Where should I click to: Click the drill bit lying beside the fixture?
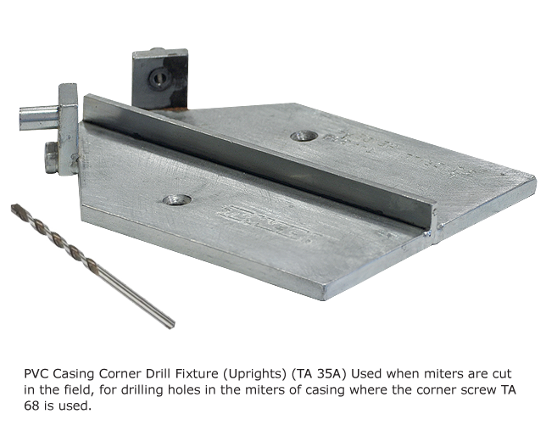[x=92, y=266]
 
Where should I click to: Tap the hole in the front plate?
[x=177, y=200]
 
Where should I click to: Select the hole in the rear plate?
[x=304, y=136]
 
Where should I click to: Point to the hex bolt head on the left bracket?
[x=51, y=158]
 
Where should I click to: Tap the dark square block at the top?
[x=160, y=79]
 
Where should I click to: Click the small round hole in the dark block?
[x=159, y=78]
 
